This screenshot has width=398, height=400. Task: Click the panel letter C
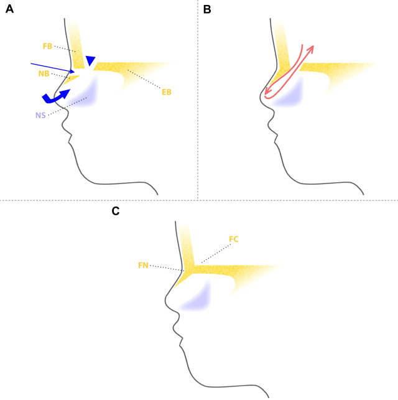(x=116, y=212)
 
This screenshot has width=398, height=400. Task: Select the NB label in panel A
(x=44, y=73)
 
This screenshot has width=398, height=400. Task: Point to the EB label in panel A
(x=166, y=92)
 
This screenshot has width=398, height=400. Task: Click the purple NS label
(x=40, y=115)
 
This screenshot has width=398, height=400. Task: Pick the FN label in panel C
(x=143, y=264)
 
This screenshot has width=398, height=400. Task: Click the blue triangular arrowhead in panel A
(x=91, y=60)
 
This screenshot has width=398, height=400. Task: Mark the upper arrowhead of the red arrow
(x=311, y=47)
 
